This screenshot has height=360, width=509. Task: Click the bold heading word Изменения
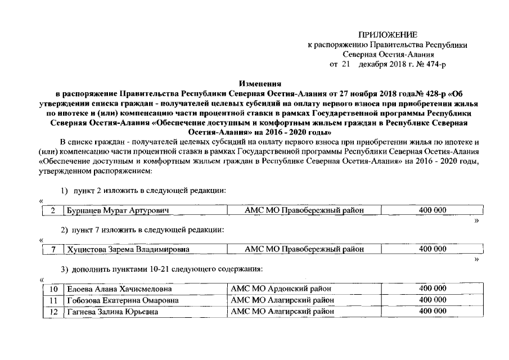(263, 83)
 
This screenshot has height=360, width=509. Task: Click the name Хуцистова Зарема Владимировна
(128, 249)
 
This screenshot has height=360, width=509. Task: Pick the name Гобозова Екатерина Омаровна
(123, 300)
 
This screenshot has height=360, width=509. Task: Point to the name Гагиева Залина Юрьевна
(112, 312)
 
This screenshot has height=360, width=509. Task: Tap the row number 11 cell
(53, 300)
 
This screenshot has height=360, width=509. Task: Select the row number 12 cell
(53, 312)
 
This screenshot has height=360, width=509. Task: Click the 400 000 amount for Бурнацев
(433, 210)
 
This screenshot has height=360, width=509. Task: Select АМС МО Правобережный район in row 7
(304, 249)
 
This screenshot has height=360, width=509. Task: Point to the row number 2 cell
(53, 210)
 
